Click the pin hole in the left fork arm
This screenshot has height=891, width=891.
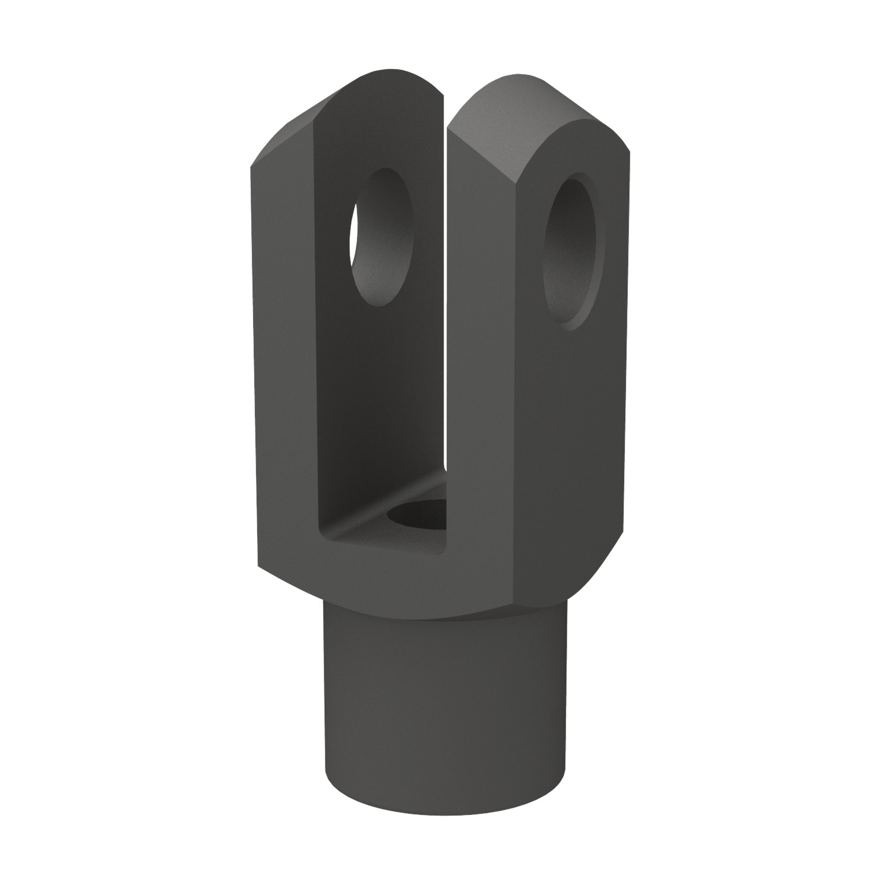(380, 238)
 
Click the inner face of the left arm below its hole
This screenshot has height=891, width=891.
(380, 404)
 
